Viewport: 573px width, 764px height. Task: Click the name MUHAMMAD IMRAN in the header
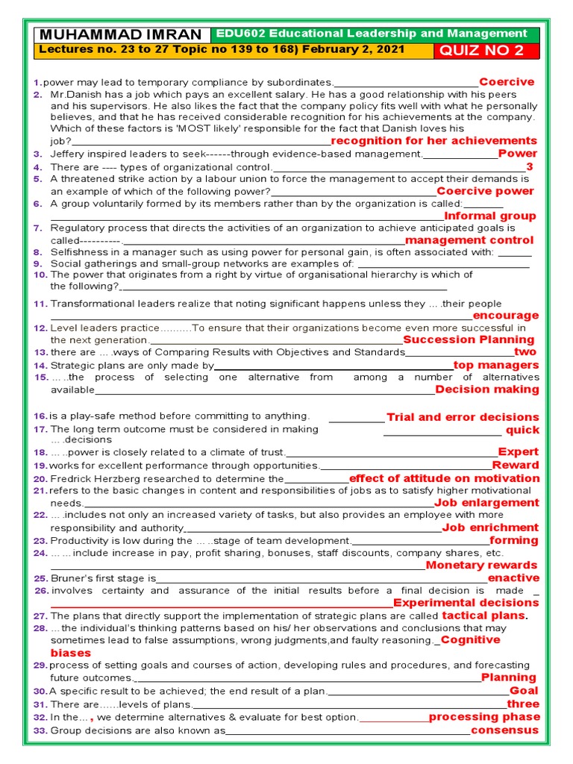122,35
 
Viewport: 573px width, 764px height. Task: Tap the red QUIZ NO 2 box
482,51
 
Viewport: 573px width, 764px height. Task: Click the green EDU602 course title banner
372,34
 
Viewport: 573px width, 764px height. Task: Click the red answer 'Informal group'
490,216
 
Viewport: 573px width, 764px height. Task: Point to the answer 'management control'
469,240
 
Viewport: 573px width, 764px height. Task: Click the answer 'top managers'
496,365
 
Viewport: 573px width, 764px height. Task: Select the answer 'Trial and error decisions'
463,417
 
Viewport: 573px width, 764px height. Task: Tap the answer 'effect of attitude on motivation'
444,478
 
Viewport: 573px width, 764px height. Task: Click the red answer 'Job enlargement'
486,503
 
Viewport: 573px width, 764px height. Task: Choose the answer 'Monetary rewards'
481,565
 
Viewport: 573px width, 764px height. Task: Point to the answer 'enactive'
513,578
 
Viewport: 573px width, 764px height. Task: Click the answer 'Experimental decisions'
466,603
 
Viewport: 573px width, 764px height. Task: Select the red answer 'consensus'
504,730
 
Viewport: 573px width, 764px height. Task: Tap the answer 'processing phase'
484,717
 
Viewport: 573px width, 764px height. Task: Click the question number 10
40,275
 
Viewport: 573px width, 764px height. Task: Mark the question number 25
40,579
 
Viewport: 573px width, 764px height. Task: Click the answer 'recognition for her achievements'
433,141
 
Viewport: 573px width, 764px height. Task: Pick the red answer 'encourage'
505,316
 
